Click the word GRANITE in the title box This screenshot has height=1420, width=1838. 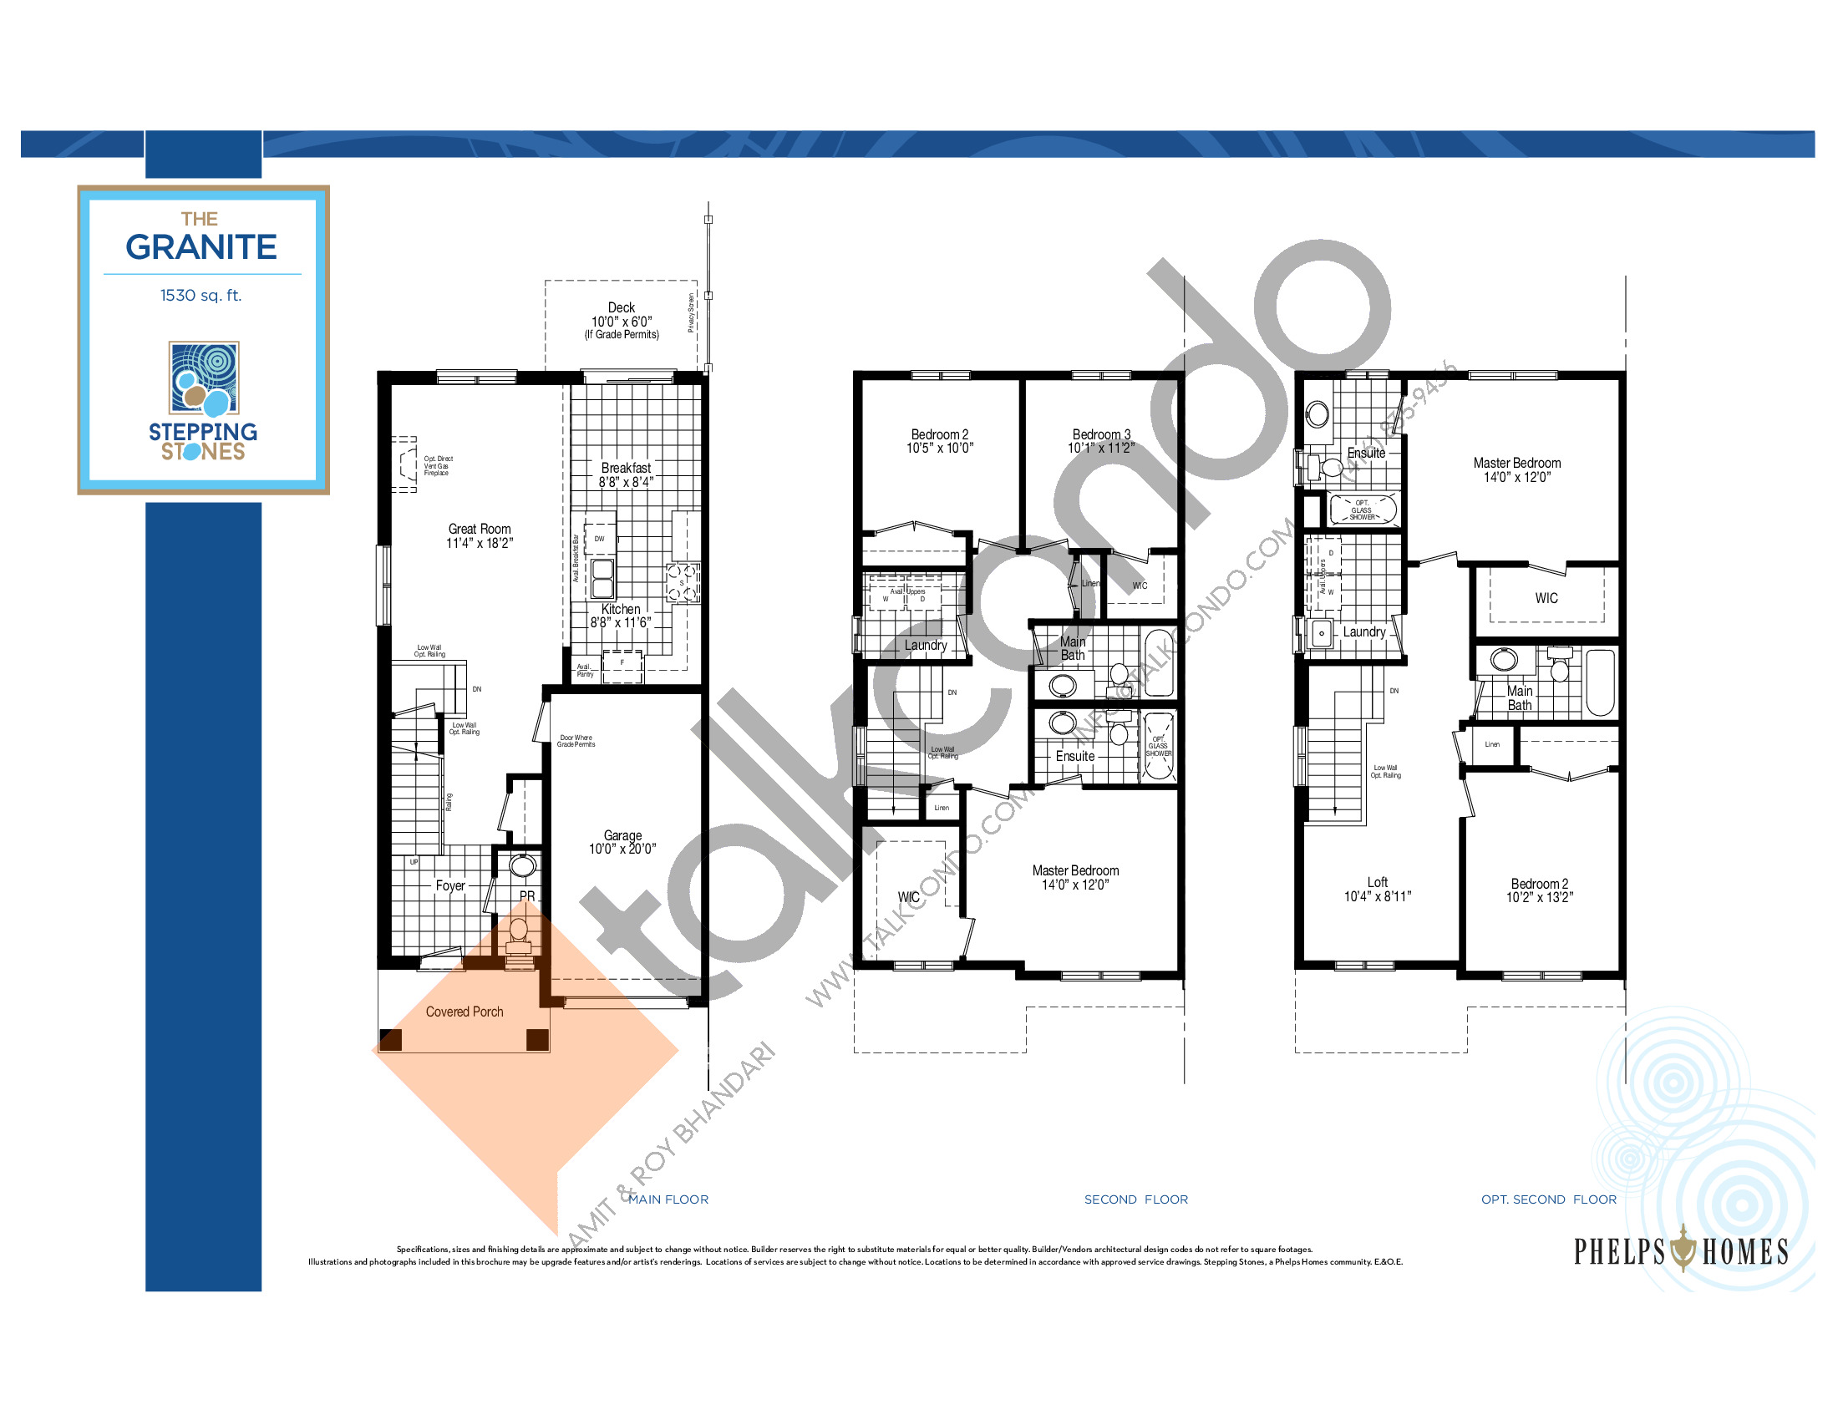201,247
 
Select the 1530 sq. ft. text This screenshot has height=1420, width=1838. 201,295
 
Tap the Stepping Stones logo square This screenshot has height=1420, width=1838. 204,378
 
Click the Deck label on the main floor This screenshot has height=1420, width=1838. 621,308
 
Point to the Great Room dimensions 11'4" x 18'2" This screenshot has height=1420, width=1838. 479,544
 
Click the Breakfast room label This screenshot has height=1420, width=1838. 625,468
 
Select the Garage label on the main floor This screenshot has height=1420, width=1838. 622,835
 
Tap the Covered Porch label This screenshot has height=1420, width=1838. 464,1012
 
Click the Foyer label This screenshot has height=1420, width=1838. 450,885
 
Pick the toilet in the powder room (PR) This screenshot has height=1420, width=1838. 519,932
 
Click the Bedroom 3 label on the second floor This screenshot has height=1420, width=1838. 1101,434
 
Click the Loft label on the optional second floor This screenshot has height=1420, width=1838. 1378,882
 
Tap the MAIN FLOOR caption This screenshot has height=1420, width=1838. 668,1199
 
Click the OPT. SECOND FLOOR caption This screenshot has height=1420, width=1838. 1548,1199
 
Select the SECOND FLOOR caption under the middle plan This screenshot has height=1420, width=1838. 1136,1199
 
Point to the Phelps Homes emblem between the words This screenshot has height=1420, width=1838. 1683,1250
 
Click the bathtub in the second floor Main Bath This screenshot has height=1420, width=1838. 1158,663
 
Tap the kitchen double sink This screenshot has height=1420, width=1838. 602,578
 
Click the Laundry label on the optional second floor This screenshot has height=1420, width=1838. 1363,631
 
